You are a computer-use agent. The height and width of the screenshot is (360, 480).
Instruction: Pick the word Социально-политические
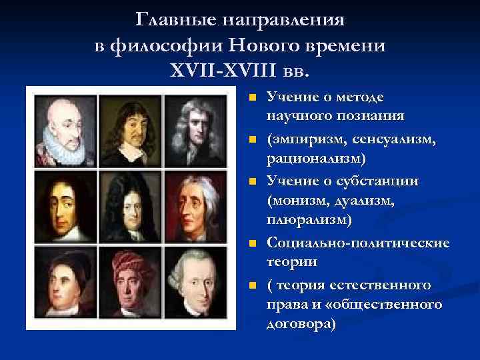pyautogui.click(x=357, y=243)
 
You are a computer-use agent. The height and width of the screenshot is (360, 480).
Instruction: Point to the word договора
pyautogui.click(x=299, y=325)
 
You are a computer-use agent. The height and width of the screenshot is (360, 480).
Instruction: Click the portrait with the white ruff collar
pyautogui.click(x=63, y=129)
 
